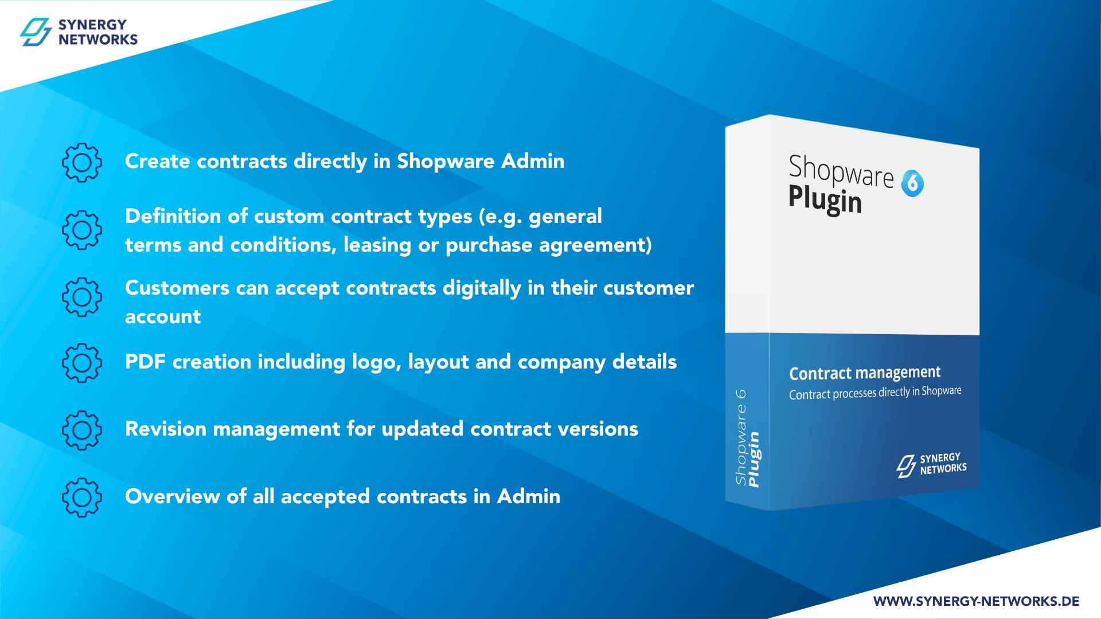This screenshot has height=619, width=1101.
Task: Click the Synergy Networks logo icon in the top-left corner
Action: (36, 32)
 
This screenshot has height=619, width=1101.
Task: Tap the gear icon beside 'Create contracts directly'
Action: (82, 163)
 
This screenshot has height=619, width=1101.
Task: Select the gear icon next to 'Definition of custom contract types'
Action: (82, 230)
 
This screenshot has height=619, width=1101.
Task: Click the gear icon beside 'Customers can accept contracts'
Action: (82, 297)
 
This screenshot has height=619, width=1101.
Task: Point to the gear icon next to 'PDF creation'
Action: (82, 363)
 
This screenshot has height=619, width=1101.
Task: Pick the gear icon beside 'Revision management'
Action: (82, 430)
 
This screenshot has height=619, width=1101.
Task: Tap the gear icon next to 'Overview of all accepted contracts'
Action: (82, 497)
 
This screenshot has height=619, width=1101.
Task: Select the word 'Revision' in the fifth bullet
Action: (166, 429)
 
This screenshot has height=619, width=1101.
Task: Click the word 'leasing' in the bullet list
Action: (377, 245)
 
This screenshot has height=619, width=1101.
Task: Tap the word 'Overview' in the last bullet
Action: (172, 496)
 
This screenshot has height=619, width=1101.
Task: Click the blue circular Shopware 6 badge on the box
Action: (912, 183)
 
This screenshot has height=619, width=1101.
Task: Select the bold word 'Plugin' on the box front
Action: (825, 199)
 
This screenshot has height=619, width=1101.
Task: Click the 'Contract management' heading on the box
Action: (865, 373)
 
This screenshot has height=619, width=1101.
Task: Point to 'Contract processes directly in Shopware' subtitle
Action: (875, 393)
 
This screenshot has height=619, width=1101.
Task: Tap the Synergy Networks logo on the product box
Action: (931, 465)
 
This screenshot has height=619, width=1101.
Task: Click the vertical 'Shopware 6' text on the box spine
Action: (741, 437)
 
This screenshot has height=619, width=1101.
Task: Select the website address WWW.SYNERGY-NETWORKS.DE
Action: (976, 601)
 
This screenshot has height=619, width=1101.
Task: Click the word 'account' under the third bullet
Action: (163, 317)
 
